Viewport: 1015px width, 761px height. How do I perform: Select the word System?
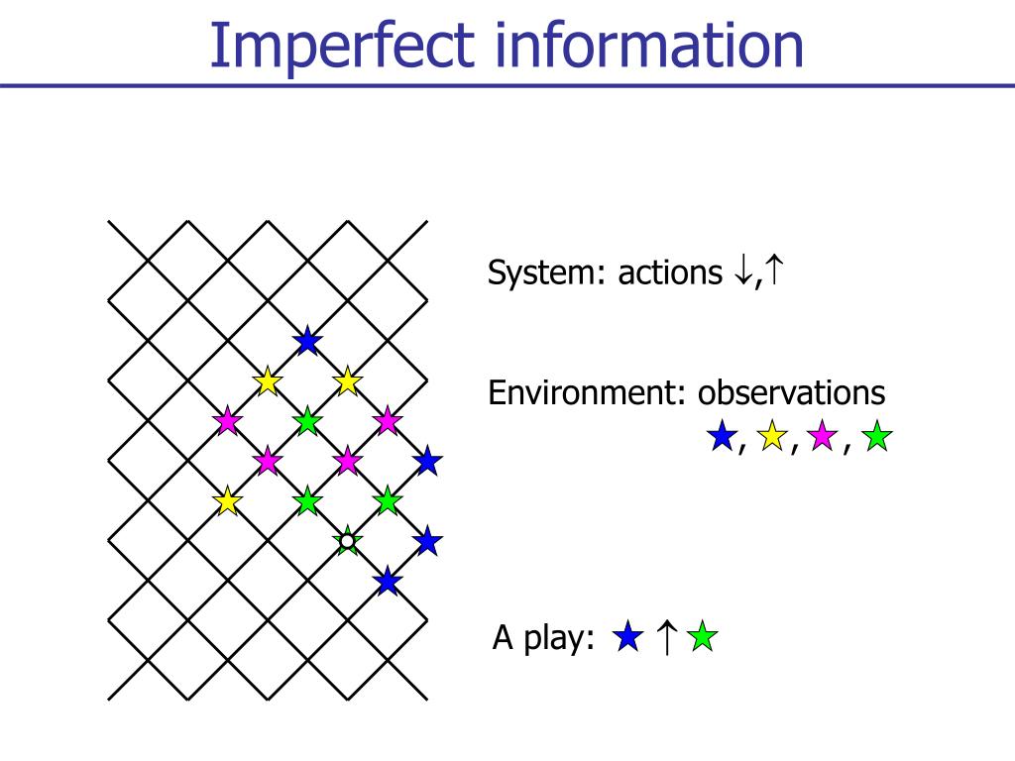[545, 272]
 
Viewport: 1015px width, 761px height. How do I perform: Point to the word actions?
[670, 272]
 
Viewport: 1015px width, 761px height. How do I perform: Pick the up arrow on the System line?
[774, 271]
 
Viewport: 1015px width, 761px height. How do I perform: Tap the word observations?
[791, 393]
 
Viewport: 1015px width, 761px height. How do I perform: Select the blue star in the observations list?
[722, 437]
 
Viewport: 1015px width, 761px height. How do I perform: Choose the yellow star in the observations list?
[772, 437]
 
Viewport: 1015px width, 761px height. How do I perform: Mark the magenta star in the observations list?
[823, 437]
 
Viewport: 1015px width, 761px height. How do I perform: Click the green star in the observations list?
[877, 437]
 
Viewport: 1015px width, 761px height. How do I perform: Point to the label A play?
[543, 639]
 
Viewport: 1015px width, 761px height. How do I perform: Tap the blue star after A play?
[627, 637]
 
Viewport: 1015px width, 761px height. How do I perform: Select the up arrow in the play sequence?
[667, 637]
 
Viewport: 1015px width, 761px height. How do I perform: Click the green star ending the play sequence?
[702, 637]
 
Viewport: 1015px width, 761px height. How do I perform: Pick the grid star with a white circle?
[347, 541]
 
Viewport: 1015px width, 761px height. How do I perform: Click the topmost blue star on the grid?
[307, 342]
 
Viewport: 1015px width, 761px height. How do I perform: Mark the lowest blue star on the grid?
[388, 582]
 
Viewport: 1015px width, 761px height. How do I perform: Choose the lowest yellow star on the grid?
[228, 501]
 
